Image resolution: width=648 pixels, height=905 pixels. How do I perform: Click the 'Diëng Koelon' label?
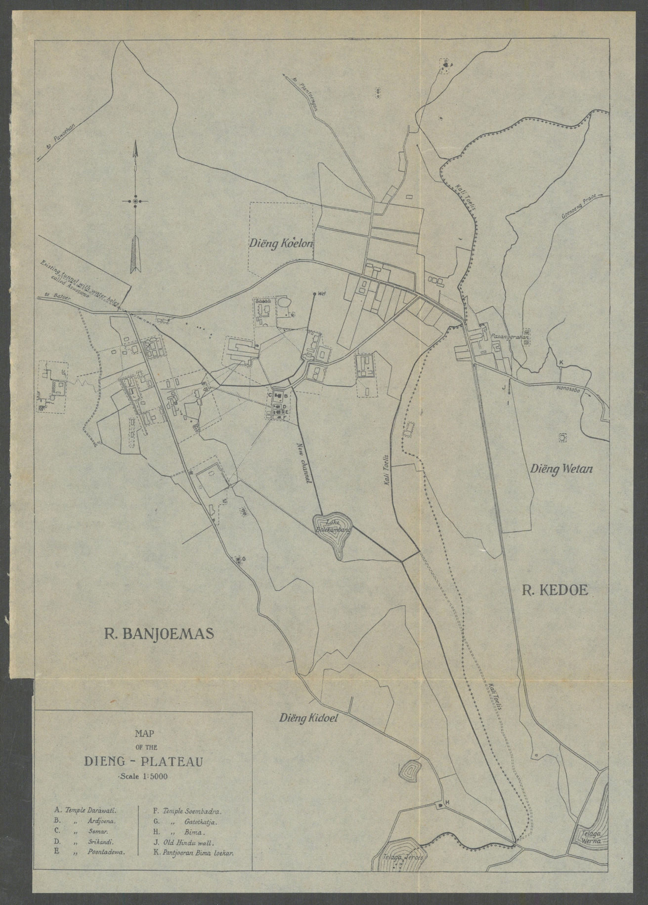click(281, 243)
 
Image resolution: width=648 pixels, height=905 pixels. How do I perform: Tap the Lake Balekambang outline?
click(332, 535)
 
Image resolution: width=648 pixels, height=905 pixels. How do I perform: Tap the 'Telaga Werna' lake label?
click(586, 834)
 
